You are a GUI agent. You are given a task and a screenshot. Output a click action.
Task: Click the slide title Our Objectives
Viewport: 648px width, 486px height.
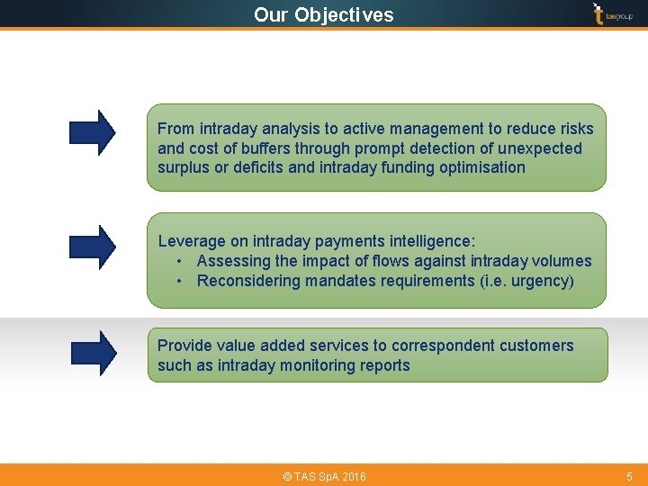tap(323, 14)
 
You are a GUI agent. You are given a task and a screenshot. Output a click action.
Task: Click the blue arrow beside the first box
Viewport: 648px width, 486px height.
tap(93, 132)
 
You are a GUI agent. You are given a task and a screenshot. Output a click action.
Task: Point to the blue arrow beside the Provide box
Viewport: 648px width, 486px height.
tap(93, 353)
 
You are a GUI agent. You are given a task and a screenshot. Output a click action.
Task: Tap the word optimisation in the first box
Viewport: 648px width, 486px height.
tap(481, 167)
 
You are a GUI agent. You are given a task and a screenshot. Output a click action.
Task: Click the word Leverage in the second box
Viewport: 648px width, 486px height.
tap(192, 241)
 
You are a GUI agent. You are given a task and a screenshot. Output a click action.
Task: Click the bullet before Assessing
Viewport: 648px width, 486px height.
tap(181, 261)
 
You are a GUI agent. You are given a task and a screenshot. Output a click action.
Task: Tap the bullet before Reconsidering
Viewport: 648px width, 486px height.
tap(181, 281)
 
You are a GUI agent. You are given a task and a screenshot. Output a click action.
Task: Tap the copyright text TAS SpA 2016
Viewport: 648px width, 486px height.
tap(324, 476)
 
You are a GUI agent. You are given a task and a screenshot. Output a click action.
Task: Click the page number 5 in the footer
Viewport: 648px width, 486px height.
tap(629, 476)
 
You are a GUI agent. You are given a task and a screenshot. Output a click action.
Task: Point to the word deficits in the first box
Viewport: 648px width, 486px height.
tap(257, 167)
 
